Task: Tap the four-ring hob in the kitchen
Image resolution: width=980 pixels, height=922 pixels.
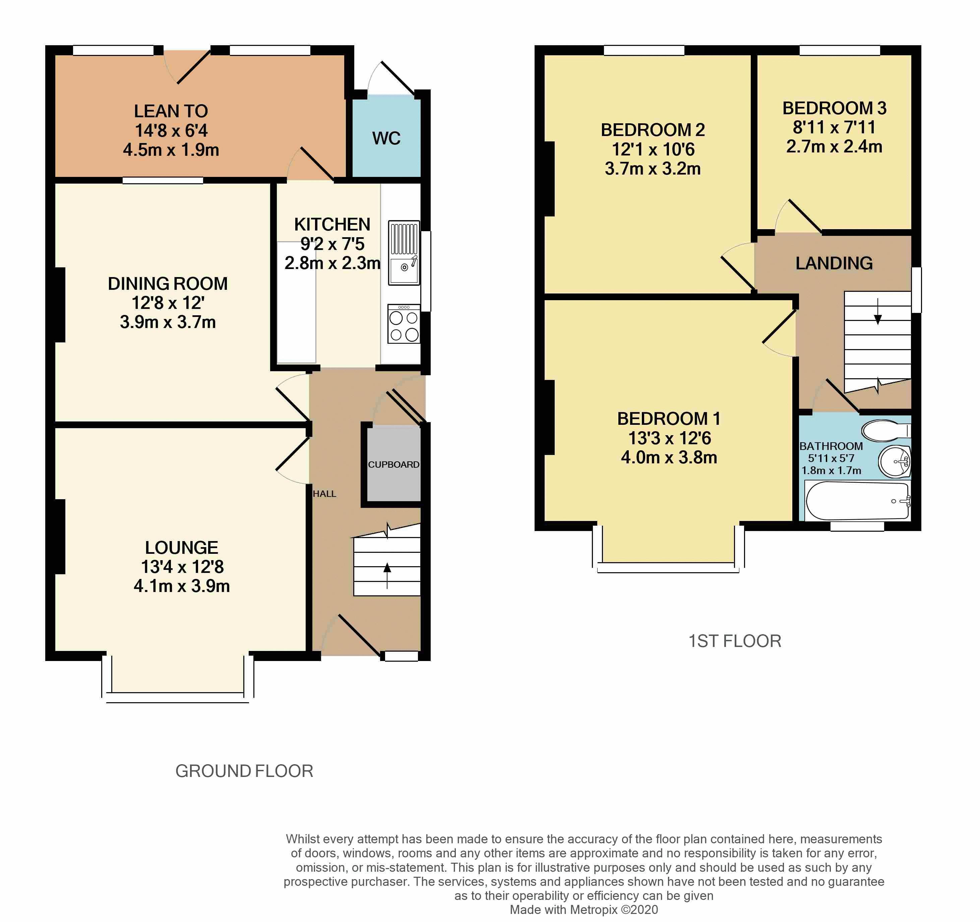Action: (404, 323)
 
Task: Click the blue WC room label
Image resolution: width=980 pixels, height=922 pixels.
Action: (386, 138)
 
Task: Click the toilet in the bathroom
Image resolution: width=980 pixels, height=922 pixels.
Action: (885, 430)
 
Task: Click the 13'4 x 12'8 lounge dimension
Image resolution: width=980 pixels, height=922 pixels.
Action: (182, 567)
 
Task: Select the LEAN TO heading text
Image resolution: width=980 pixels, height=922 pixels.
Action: (171, 111)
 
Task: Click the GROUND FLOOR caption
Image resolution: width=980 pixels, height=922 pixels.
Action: (244, 771)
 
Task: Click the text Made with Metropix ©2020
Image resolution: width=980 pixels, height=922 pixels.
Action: (583, 910)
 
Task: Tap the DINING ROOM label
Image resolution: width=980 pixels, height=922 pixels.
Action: (168, 284)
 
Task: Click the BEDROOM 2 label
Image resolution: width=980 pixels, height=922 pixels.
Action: (652, 130)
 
